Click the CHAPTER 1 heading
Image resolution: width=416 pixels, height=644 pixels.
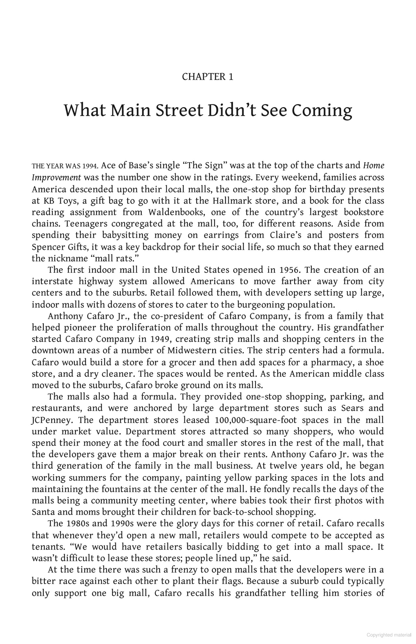tap(208, 77)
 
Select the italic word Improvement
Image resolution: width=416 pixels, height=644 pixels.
tap(56, 178)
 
